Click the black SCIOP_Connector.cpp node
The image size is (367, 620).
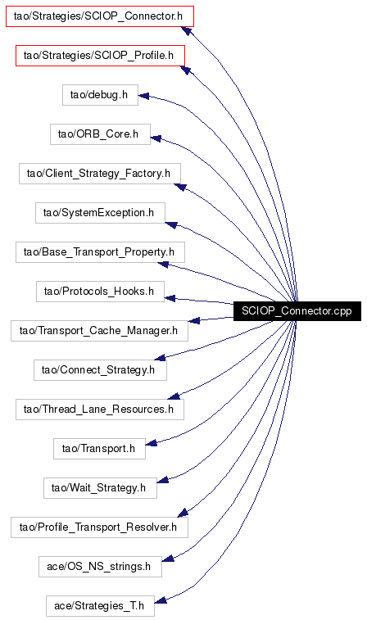[x=297, y=310]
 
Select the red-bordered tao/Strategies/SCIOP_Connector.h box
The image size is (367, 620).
[x=100, y=16]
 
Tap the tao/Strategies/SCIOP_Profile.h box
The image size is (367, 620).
[x=100, y=56]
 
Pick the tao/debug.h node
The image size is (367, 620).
[x=100, y=95]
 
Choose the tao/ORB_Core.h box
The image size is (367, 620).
[x=100, y=134]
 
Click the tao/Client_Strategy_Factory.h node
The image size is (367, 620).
[x=100, y=173]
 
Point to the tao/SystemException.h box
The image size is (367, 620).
[x=100, y=213]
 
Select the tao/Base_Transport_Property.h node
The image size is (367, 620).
[x=100, y=252]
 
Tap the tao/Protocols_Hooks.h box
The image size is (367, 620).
[x=100, y=292]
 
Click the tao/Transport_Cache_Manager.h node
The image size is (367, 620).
[x=99, y=331]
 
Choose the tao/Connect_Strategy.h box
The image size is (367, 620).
[x=100, y=370]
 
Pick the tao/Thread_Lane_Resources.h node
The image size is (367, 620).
[x=100, y=410]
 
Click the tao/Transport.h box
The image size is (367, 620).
[x=99, y=449]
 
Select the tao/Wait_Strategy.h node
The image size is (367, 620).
[x=100, y=488]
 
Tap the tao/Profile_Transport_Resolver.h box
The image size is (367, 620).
[x=99, y=527]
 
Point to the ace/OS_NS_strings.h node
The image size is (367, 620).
[x=100, y=567]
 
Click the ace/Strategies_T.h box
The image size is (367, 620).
[x=100, y=606]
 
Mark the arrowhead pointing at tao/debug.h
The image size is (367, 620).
[x=143, y=96]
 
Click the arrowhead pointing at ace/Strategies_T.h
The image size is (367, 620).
[x=160, y=600]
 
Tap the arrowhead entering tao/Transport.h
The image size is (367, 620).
[x=151, y=444]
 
